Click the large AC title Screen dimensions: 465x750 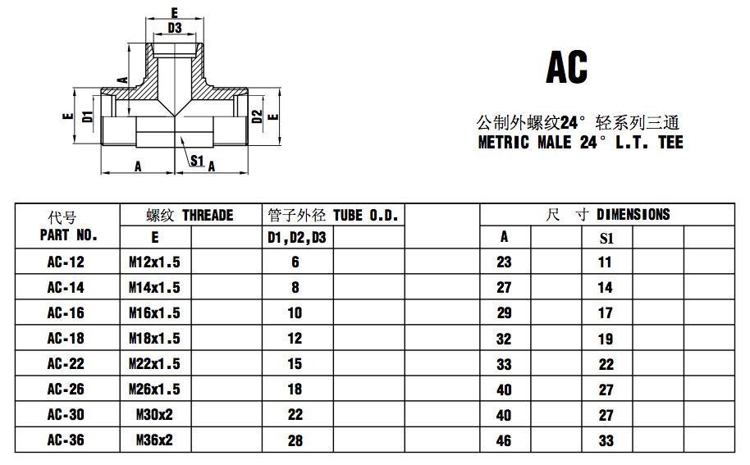pos(566,68)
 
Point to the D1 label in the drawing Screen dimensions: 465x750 pos(88,116)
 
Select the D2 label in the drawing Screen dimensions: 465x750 pos(257,116)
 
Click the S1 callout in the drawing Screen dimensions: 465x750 pos(197,160)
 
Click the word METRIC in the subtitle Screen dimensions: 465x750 pos(504,143)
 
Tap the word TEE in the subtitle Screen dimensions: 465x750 pos(669,143)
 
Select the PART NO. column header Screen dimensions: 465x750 pos(68,235)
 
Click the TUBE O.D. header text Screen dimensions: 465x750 pos(365,216)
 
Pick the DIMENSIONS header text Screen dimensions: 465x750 pos(633,215)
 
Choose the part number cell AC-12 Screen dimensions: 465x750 pos(66,262)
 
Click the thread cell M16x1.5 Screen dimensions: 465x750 pos(154,313)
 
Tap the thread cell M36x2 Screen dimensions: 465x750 pos(154,440)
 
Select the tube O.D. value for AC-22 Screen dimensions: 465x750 pos(295,364)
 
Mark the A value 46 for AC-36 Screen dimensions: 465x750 pos(504,440)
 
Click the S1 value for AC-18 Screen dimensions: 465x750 pos(605,339)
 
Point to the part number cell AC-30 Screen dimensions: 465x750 pos(66,415)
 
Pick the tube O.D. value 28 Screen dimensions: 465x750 pos(295,440)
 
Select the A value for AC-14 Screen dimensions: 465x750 pos(504,288)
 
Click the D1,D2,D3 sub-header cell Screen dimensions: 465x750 pos(296,238)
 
